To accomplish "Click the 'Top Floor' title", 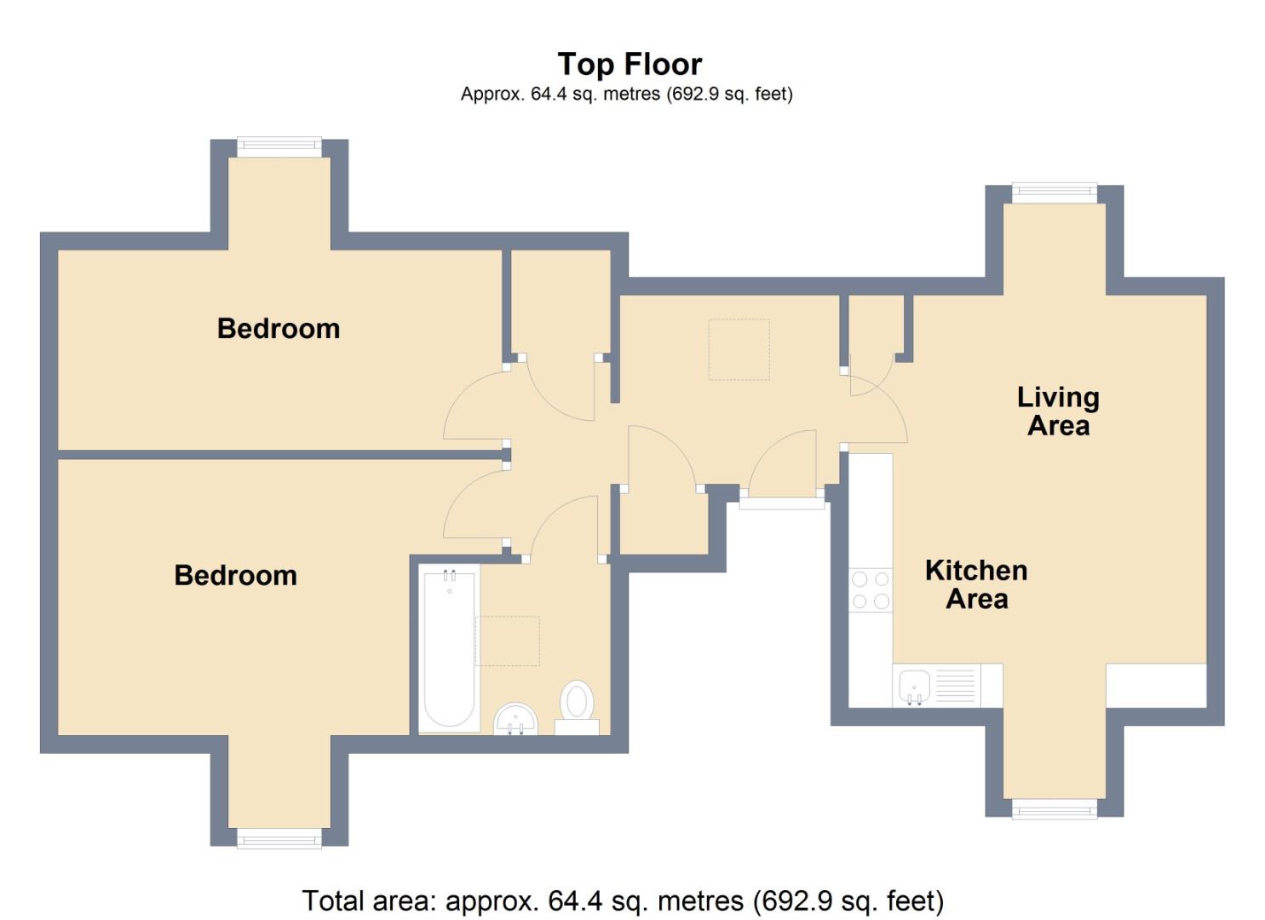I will [x=630, y=65].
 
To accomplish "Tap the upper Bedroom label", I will [x=279, y=329].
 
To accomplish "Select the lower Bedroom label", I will [x=236, y=576].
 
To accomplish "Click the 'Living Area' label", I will [x=1058, y=411].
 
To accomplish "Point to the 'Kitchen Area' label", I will [x=976, y=584].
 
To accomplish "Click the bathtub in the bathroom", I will [x=449, y=647].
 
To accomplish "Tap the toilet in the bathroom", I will [x=578, y=704].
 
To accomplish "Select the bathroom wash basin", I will [x=515, y=718].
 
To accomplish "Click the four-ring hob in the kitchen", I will [x=871, y=590].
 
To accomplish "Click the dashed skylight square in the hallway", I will [x=739, y=349].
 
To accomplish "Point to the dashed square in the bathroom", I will [x=508, y=641].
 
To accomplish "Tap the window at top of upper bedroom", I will [x=279, y=146].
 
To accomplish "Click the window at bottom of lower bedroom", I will [x=279, y=839].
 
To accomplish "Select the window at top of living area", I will [x=1054, y=192].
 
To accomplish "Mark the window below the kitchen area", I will [x=1054, y=809].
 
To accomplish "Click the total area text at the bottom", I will [x=623, y=900].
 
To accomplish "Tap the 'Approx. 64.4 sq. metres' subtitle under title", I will [x=626, y=95].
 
